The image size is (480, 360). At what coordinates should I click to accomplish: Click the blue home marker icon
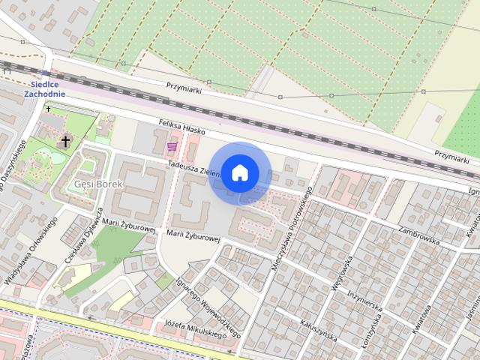(x=239, y=173)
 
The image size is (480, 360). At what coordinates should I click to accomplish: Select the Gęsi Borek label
(x=94, y=184)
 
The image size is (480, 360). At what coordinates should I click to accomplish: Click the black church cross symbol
(x=65, y=140)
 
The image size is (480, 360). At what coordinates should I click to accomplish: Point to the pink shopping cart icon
(x=172, y=145)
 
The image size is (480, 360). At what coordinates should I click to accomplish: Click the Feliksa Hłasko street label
(x=182, y=126)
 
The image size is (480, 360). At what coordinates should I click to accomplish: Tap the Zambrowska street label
(x=418, y=235)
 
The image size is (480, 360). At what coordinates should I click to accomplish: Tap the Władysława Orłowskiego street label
(x=31, y=251)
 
